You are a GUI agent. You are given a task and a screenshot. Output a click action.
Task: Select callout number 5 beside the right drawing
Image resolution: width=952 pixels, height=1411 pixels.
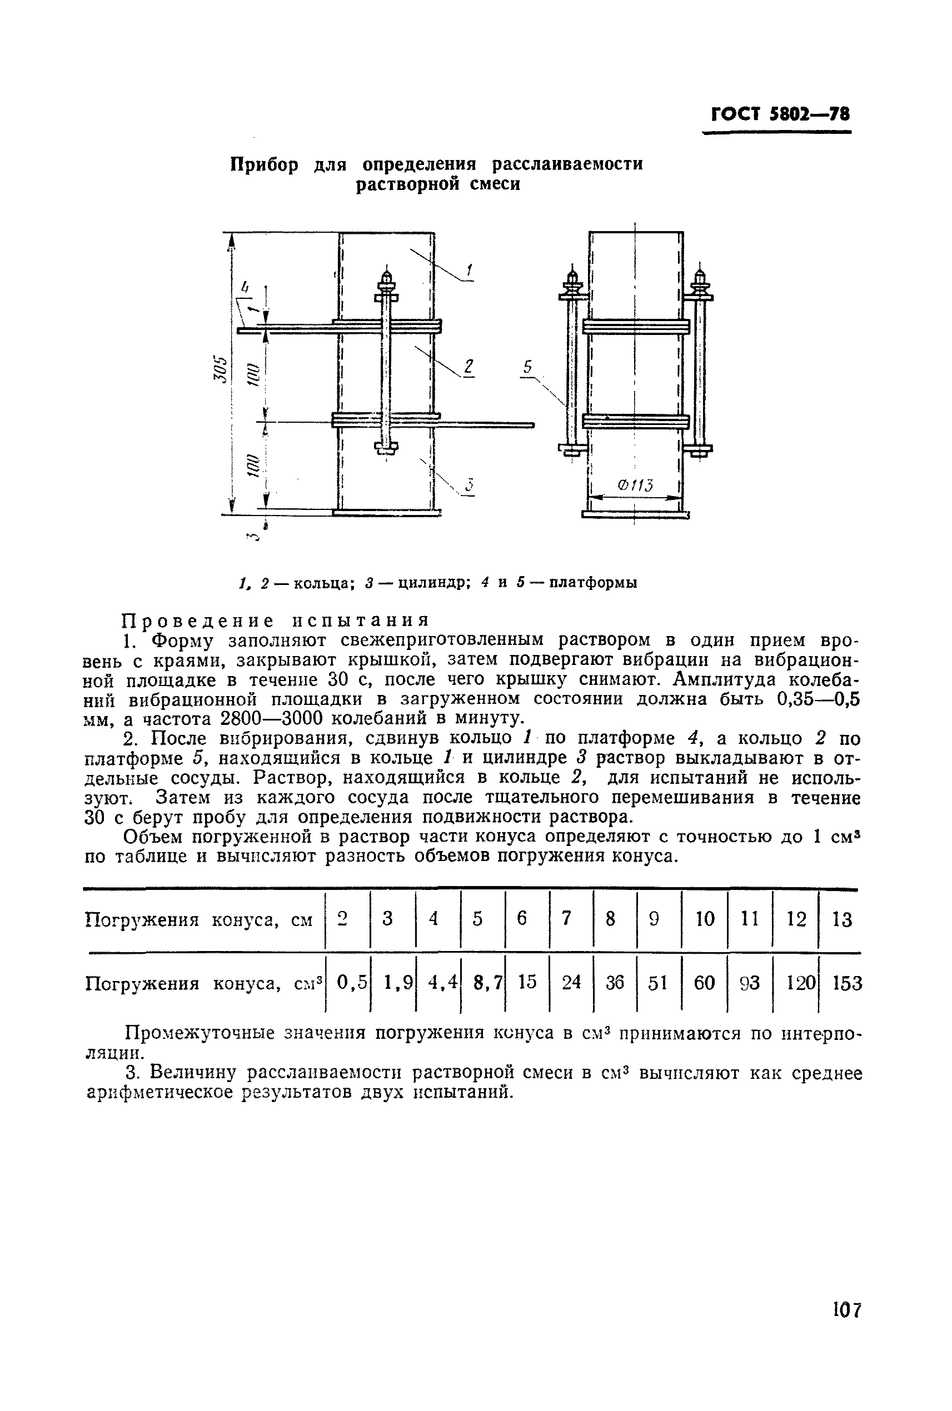tap(527, 367)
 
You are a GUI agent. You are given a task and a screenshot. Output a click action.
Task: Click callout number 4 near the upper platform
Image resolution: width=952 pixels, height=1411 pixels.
tap(245, 288)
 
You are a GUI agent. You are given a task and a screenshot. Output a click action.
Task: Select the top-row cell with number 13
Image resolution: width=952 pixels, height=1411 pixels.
tap(842, 919)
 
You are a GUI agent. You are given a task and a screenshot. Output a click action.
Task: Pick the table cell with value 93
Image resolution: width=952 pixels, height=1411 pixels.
tap(750, 983)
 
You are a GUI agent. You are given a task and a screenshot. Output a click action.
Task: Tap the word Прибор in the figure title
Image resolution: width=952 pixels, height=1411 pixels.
tap(265, 164)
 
